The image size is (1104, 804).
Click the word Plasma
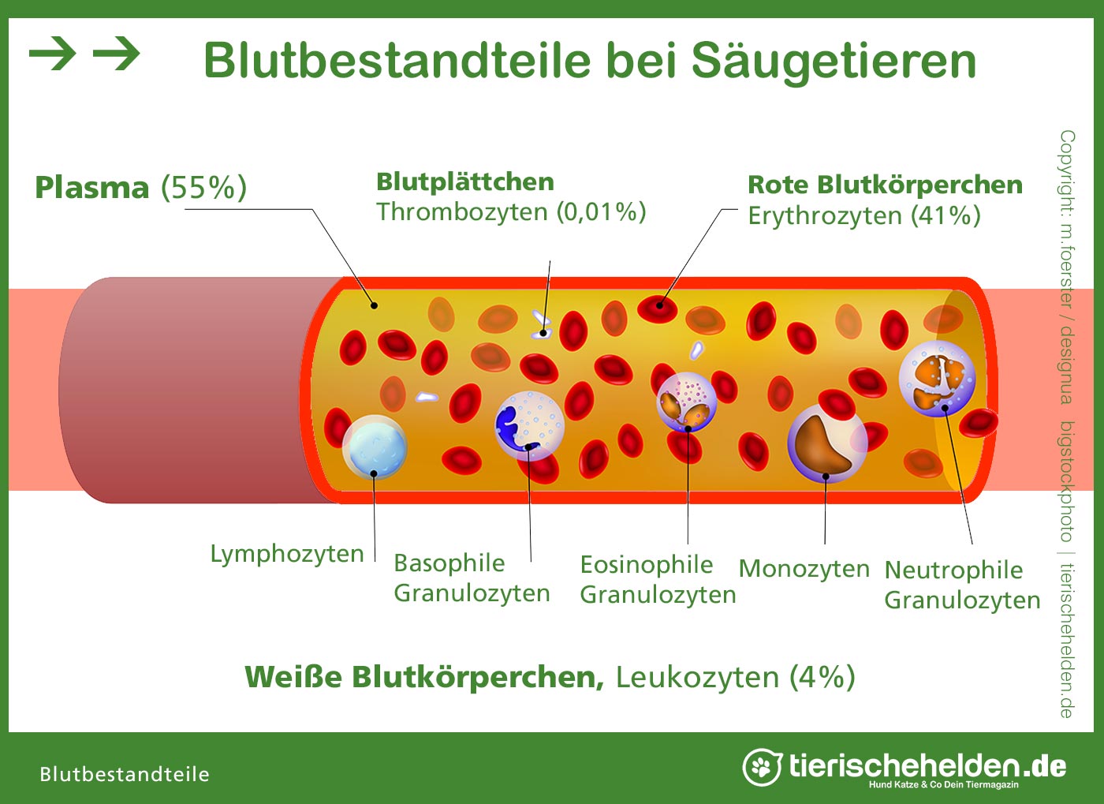click(x=91, y=188)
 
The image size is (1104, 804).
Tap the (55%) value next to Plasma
click(x=204, y=188)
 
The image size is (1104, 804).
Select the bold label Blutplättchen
click(x=465, y=182)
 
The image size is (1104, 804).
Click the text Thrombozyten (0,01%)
click(x=511, y=212)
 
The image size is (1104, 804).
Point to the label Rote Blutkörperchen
click(x=885, y=185)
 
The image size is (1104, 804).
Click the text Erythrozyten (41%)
click(x=864, y=215)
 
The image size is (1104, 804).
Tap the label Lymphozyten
click(x=287, y=555)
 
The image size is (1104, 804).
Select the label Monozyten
click(x=804, y=569)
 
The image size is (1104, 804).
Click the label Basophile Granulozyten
click(x=472, y=578)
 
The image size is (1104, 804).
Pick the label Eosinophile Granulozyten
click(x=658, y=580)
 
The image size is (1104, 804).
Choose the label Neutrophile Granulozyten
click(x=962, y=585)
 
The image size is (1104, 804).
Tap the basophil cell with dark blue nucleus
click(x=530, y=426)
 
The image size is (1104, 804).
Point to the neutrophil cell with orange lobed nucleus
click(x=938, y=379)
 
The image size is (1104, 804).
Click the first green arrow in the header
click(x=52, y=54)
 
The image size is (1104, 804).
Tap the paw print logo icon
click(x=762, y=767)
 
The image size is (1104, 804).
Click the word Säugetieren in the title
click(x=834, y=61)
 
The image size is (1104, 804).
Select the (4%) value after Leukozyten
click(x=822, y=677)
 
